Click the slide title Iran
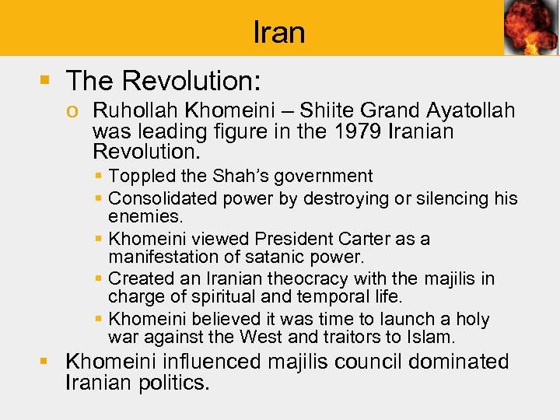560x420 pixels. [x=279, y=32]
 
